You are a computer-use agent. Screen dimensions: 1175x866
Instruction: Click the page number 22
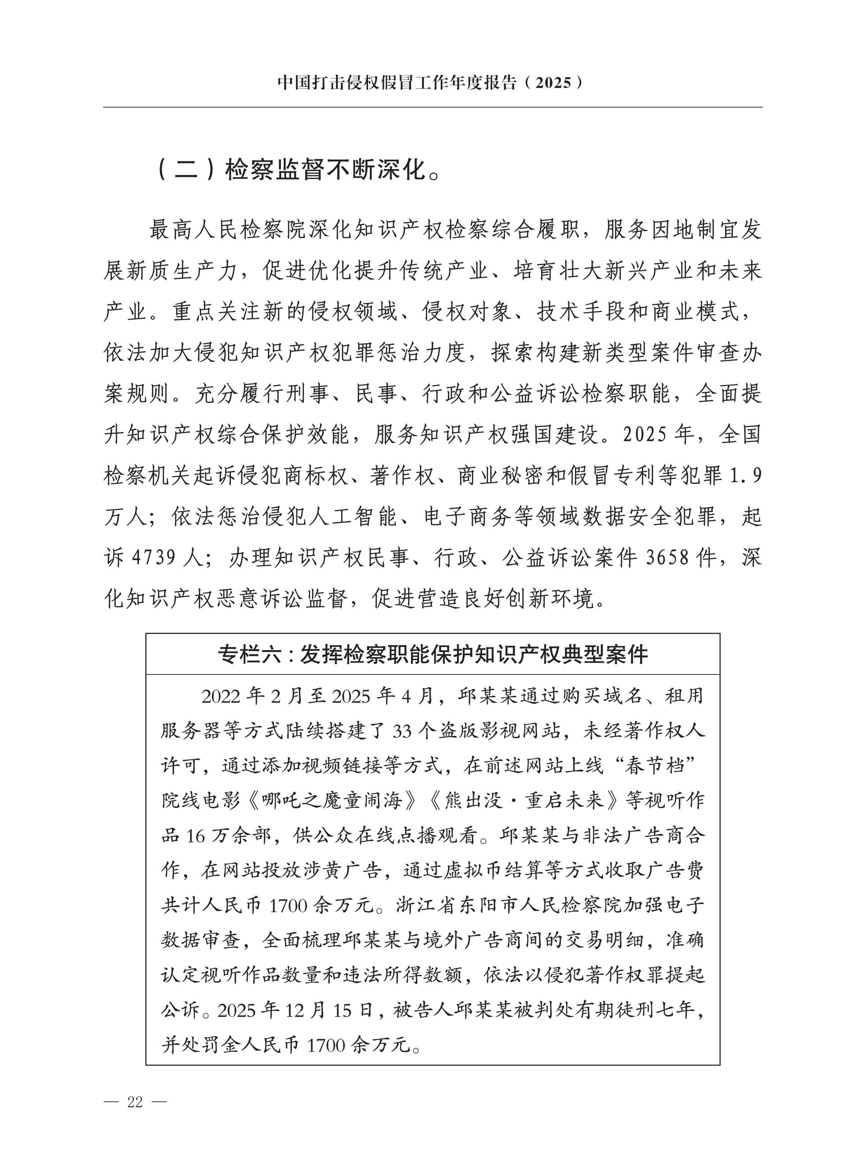135,1102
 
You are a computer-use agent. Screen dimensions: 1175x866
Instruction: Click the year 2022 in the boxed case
222,697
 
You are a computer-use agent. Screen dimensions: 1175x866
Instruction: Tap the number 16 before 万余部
195,835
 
